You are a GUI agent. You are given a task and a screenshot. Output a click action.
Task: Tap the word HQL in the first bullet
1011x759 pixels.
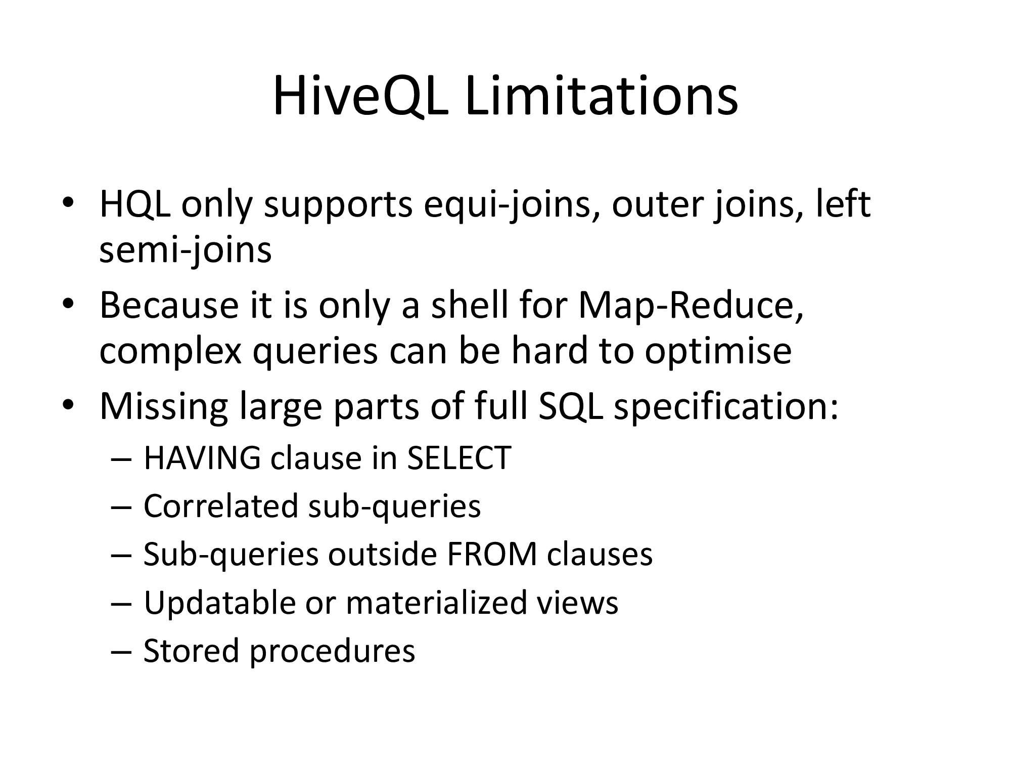coord(135,206)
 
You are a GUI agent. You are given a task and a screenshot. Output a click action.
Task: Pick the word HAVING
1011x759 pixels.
coord(203,458)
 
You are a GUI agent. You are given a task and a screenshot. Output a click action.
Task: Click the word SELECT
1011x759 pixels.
coord(459,458)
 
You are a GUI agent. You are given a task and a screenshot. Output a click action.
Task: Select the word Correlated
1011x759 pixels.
coord(221,507)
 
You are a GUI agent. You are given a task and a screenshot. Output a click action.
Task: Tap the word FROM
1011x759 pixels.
coord(492,555)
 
